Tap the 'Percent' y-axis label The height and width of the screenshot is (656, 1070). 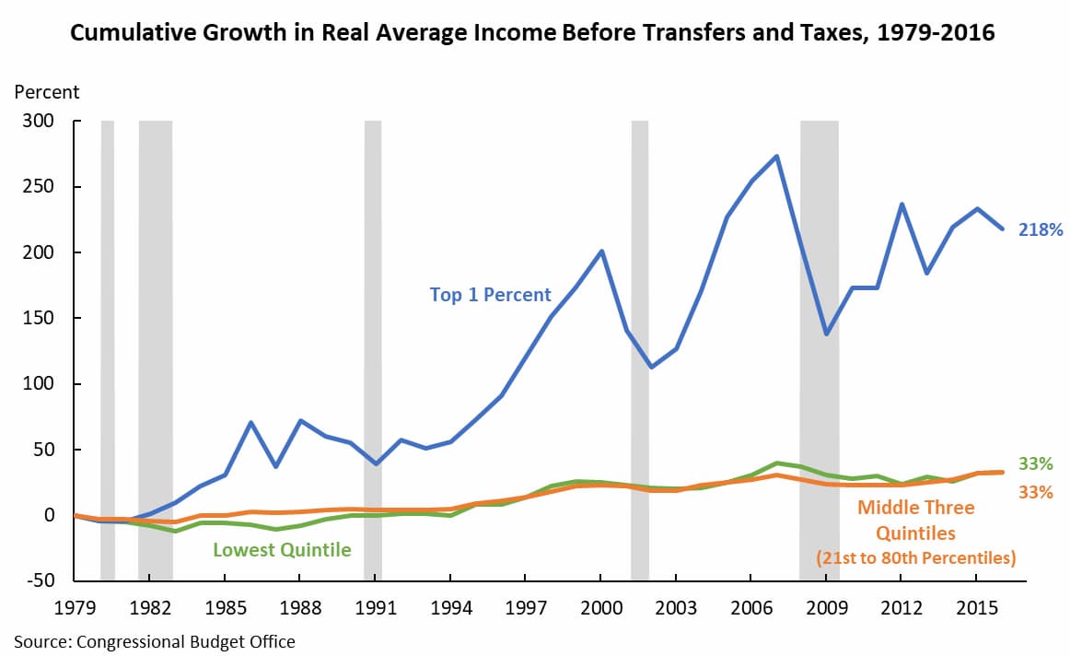[x=46, y=92]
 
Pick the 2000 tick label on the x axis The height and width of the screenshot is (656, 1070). [x=600, y=610]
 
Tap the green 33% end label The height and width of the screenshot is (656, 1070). [x=1036, y=463]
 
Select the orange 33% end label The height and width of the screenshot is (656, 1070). [x=1036, y=492]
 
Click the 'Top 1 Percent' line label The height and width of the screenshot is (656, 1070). [x=490, y=296]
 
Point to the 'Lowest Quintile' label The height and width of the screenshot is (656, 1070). [x=282, y=550]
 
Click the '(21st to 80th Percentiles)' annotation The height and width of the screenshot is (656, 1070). [x=916, y=557]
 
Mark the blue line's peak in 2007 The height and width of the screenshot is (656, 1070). [x=776, y=156]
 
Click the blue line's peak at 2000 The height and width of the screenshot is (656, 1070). [x=601, y=251]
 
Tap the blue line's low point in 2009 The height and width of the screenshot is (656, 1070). [x=826, y=334]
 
